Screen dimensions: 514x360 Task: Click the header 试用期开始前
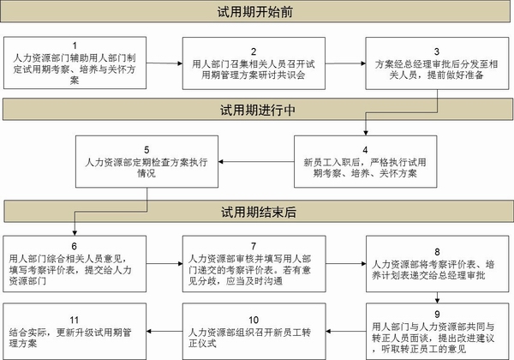point(254,12)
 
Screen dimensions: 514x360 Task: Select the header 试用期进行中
point(258,110)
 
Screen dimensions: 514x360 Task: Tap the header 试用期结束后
point(259,212)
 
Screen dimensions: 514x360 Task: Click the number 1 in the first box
point(75,45)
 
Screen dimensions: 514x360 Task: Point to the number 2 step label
point(254,51)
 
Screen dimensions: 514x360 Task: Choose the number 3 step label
point(437,51)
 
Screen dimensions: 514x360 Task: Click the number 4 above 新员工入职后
point(365,150)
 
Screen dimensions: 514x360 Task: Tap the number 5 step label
point(146,150)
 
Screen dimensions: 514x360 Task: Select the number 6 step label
point(75,246)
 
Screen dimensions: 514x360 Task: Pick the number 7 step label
point(254,246)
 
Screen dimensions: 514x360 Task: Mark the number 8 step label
point(437,252)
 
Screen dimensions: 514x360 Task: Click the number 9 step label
point(437,314)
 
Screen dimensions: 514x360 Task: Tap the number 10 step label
point(254,320)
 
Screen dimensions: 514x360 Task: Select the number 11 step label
point(75,320)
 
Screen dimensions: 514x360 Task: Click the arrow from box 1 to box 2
point(164,63)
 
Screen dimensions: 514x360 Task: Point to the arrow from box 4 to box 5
point(256,162)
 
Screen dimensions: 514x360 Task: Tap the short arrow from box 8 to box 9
point(437,297)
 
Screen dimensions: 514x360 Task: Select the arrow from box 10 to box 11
point(164,331)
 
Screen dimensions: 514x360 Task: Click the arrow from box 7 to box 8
point(346,263)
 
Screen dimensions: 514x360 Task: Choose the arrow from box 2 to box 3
point(345,63)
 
